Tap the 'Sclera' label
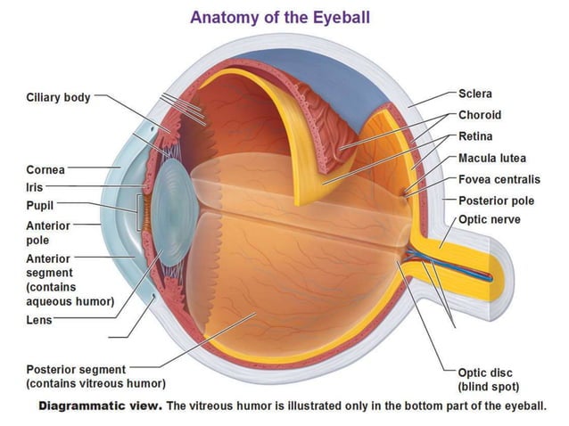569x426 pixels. (x=475, y=94)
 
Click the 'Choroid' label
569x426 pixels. (x=480, y=115)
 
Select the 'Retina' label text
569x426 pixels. (x=475, y=136)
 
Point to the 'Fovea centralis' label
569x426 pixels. (x=499, y=179)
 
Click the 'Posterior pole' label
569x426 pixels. (x=497, y=201)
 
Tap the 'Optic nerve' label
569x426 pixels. (x=489, y=219)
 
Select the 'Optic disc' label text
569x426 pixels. (x=485, y=373)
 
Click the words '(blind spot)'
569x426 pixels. (x=489, y=387)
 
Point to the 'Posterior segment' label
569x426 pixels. (x=76, y=369)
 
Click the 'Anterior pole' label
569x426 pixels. (x=48, y=233)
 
